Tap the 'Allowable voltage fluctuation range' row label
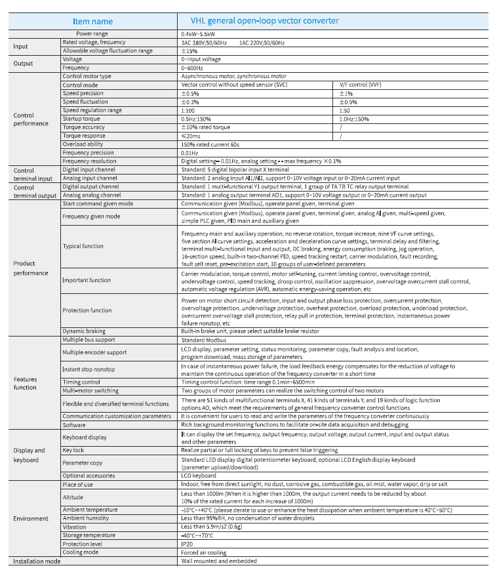(x=108, y=51)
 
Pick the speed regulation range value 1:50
(x=345, y=110)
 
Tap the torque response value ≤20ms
(x=191, y=136)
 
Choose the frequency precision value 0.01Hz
(x=190, y=152)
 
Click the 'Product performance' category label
(x=31, y=268)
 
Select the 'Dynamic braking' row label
(x=84, y=331)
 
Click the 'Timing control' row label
(x=82, y=381)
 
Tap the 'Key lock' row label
(x=73, y=450)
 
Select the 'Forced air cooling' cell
(x=203, y=552)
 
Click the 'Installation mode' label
(x=38, y=561)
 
